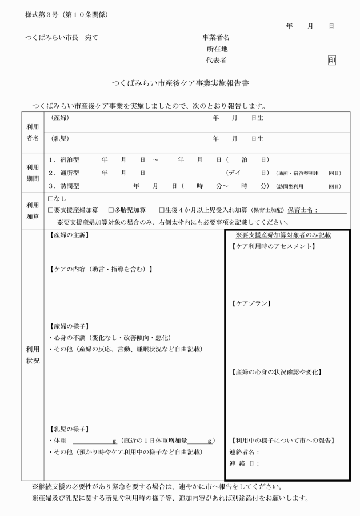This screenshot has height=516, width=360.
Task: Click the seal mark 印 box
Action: click(x=331, y=60)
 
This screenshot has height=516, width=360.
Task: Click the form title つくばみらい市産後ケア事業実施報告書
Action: click(x=181, y=83)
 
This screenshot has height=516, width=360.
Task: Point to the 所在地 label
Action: click(x=218, y=49)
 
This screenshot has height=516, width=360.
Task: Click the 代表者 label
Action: click(x=217, y=60)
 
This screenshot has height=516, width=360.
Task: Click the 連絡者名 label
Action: click(x=244, y=452)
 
